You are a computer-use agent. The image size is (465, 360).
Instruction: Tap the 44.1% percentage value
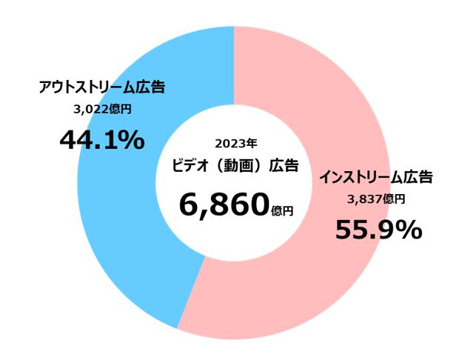coord(101,139)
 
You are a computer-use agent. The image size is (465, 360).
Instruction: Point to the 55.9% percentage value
coord(378,230)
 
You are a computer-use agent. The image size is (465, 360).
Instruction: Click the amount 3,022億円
coord(101,110)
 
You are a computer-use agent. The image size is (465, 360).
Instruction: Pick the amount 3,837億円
coord(376,199)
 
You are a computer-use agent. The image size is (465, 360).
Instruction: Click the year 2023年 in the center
coord(235,143)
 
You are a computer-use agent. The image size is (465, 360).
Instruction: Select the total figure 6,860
coord(221,203)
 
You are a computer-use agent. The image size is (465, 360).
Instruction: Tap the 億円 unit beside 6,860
coord(282,211)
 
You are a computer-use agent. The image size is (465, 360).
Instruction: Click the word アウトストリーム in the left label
coord(87,88)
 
